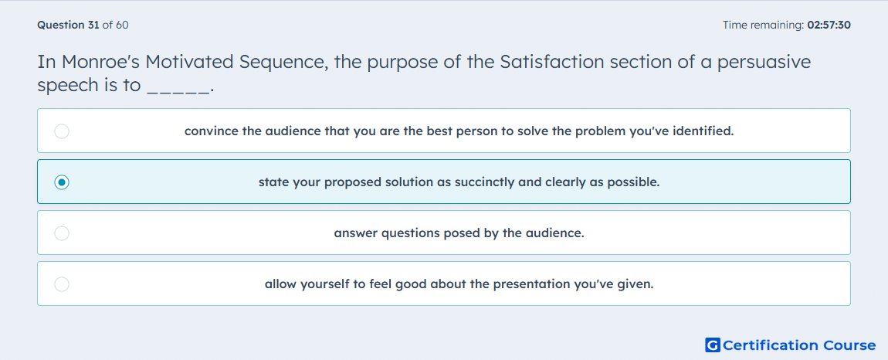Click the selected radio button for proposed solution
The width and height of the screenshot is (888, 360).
pos(62,182)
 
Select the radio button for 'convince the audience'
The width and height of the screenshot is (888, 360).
pos(62,131)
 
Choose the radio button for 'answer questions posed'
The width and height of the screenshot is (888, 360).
pos(62,233)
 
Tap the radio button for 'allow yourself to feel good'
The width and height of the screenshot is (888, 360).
pos(62,284)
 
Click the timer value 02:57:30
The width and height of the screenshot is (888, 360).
pos(829,25)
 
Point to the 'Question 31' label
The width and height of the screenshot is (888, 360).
pos(68,25)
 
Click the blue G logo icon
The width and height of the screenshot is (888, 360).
pos(713,345)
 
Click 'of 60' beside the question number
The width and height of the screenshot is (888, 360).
pos(116,25)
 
